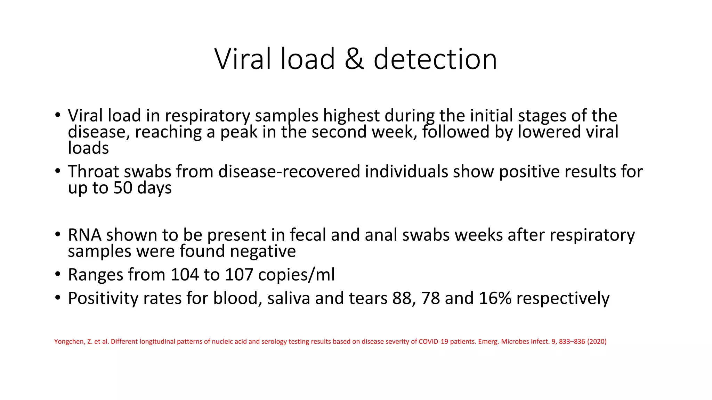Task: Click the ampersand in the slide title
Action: pyautogui.click(x=354, y=59)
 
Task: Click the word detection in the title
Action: pyautogui.click(x=435, y=59)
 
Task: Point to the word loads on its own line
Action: pyautogui.click(x=88, y=148)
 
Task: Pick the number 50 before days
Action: pyautogui.click(x=123, y=188)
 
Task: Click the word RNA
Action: pyautogui.click(x=84, y=235)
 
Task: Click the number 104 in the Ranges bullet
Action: pyautogui.click(x=184, y=275)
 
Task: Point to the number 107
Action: pyautogui.click(x=239, y=275)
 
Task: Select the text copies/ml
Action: pyautogui.click(x=297, y=275)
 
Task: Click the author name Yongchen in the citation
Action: pyautogui.click(x=69, y=342)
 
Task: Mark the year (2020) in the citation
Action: pyautogui.click(x=597, y=342)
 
